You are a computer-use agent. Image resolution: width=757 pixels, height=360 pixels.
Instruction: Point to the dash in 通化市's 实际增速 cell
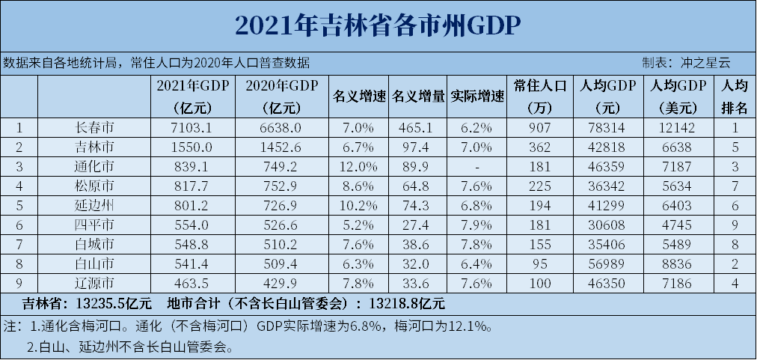[x=477, y=165]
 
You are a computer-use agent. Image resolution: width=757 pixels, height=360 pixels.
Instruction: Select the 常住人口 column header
[x=540, y=96]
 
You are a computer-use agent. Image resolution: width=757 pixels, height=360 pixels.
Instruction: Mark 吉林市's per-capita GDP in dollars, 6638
[x=678, y=146]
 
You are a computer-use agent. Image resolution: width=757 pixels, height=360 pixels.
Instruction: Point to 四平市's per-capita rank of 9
[x=735, y=224]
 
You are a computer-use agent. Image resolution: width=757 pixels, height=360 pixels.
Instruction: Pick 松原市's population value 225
[x=540, y=185]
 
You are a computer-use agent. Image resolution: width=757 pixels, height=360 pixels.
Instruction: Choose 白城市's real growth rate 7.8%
[x=477, y=243]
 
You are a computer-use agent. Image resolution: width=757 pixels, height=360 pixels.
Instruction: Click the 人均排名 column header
[x=735, y=96]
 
